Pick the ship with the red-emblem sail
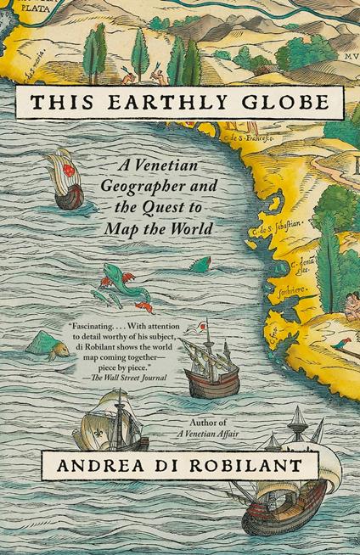[65, 178]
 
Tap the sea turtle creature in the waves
[44, 343]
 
